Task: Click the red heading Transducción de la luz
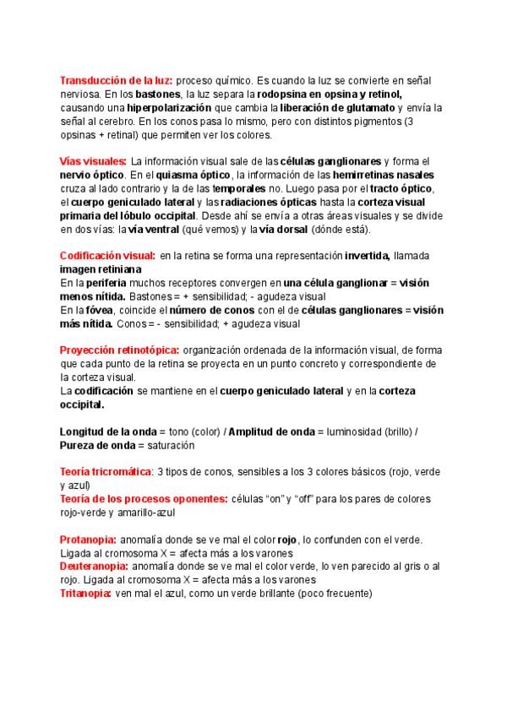(117, 80)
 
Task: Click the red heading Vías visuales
(94, 161)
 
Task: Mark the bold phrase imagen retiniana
(95, 269)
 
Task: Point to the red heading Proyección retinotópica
(119, 350)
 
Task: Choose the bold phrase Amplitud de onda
(270, 431)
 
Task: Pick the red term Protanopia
(88, 540)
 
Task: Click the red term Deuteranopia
(93, 566)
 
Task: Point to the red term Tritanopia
(85, 594)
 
